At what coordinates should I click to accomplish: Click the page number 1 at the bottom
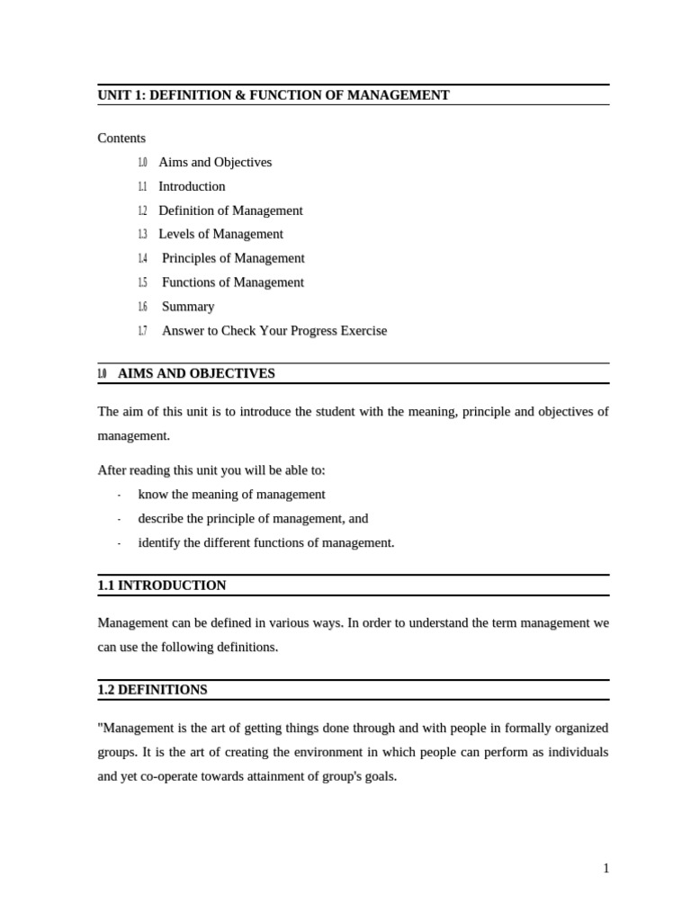click(x=606, y=868)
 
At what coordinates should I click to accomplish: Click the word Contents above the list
click(x=121, y=139)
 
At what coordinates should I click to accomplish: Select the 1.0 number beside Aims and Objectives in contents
click(x=142, y=163)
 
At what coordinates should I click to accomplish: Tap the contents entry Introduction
click(x=192, y=187)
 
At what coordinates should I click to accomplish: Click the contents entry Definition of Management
click(x=230, y=210)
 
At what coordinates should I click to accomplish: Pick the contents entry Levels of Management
click(x=220, y=235)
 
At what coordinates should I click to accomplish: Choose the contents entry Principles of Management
click(x=233, y=258)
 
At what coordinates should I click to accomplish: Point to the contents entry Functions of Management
click(x=233, y=282)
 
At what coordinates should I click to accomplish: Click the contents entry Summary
click(x=188, y=307)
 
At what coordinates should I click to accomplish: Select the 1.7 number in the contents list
click(x=142, y=331)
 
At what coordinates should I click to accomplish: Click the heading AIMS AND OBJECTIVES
click(x=196, y=373)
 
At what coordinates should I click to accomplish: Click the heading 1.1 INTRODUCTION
click(x=162, y=586)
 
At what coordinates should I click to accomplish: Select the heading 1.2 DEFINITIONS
click(x=152, y=690)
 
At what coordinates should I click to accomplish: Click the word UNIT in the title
click(x=113, y=95)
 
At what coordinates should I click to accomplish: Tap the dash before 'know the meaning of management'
click(x=119, y=496)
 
